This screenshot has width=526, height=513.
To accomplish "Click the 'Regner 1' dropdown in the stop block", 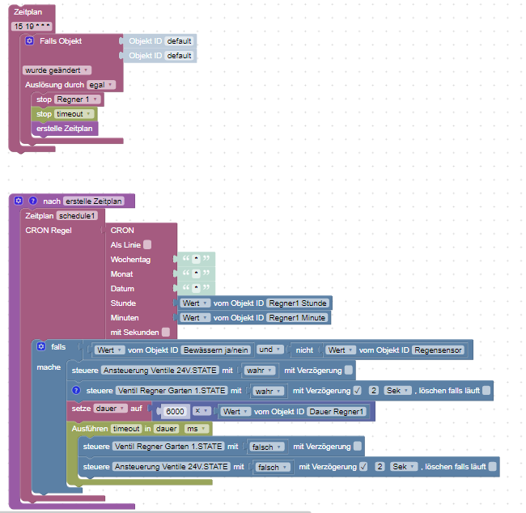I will (x=78, y=99).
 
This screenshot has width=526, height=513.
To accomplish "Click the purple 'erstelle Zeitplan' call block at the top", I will (x=64, y=129).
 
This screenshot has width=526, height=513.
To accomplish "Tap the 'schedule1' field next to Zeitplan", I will (x=78, y=216).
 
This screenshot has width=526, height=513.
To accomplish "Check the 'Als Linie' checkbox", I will (x=147, y=244).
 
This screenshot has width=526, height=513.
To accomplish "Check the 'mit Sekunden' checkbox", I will (x=165, y=332).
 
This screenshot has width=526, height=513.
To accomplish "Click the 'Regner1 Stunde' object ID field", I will (x=298, y=303).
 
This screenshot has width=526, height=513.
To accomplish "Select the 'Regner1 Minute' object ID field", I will (x=297, y=318).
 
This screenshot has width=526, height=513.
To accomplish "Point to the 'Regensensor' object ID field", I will (x=439, y=350).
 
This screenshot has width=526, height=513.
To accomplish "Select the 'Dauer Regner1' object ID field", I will (x=337, y=411).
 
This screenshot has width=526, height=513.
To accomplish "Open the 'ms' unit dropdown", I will (x=194, y=428).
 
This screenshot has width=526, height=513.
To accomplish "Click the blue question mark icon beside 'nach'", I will (x=33, y=201).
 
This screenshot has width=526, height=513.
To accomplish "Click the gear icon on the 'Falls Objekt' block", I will (x=30, y=40).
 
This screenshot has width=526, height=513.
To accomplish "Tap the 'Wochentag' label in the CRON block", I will (x=130, y=260).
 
